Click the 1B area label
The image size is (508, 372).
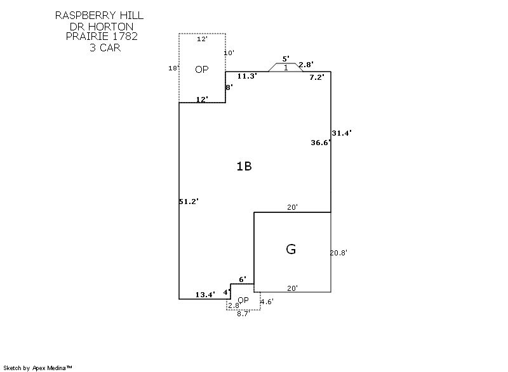(244, 167)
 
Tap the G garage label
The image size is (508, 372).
(291, 249)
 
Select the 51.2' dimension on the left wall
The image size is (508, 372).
(189, 202)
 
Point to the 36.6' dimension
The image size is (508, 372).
(321, 143)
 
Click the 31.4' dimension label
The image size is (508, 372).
(342, 133)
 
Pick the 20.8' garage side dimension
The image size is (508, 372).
(338, 252)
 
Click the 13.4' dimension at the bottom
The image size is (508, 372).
(205, 294)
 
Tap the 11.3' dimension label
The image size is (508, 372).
(246, 76)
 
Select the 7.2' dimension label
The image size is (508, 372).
(317, 77)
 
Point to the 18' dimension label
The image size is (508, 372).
(173, 68)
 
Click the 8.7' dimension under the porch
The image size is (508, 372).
(243, 314)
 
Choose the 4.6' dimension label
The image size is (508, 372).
(267, 302)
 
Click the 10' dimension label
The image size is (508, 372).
(229, 53)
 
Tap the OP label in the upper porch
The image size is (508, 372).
(201, 70)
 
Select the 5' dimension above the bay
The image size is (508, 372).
(286, 59)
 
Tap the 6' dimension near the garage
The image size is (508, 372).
(242, 279)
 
